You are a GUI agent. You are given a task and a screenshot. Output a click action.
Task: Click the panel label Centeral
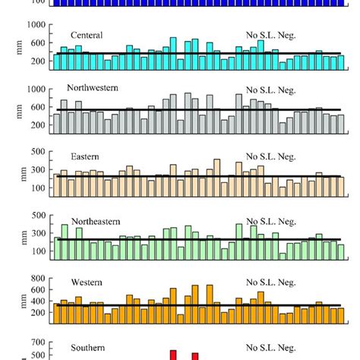click(87, 35)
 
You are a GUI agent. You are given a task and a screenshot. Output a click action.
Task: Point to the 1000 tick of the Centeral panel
click(36, 24)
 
